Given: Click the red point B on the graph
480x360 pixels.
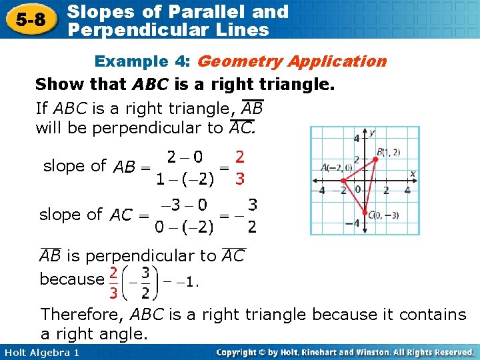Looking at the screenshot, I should [375, 159].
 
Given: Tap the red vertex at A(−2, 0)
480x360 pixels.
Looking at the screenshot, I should [343, 180].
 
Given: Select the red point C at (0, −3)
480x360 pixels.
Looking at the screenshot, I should [364, 212].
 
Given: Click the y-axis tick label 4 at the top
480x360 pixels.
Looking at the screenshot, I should [356, 139].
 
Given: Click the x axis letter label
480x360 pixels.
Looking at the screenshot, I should [412, 173].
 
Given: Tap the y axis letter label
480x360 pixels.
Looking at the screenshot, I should [372, 133].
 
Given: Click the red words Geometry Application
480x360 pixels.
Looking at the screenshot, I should [292, 61].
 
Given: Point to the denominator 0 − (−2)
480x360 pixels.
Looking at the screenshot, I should [184, 228].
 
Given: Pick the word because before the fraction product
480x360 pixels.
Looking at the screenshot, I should [71, 279].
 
